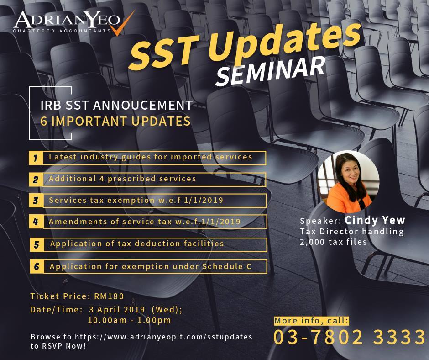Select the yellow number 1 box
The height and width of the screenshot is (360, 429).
coord(36,158)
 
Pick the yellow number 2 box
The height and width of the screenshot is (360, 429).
coord(36,180)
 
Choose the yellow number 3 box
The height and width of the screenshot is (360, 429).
coord(36,201)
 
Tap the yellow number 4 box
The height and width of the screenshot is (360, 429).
coord(36,222)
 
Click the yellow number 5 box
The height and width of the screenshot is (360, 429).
coord(37,245)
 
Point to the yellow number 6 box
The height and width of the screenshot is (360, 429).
coord(37,267)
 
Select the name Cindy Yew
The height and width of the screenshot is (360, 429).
coord(375,220)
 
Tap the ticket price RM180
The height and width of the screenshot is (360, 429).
coord(109,296)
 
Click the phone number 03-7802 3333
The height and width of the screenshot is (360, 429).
coord(350,337)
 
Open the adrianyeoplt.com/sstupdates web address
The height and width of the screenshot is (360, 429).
coord(163,337)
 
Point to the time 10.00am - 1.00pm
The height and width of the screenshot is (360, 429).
coord(129,320)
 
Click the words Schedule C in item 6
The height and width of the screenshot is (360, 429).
coord(227,266)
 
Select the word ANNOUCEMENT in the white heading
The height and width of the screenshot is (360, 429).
coord(143,106)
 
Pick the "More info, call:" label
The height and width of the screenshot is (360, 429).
coord(312,321)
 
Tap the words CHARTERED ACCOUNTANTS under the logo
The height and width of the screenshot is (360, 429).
coord(62,31)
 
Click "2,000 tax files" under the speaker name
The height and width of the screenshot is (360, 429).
coord(333,242)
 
